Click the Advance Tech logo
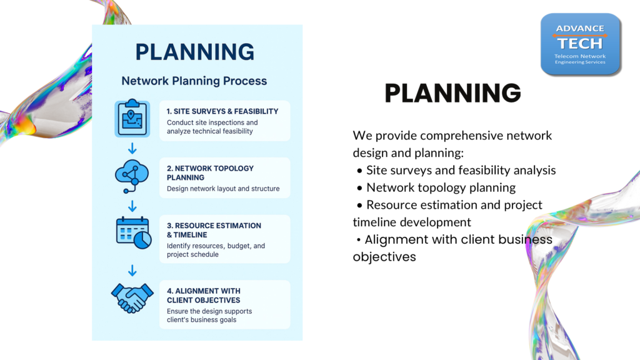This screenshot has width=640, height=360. tap(581, 44)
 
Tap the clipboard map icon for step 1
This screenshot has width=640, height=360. tap(132, 118)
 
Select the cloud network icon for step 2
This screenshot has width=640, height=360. tap(132, 176)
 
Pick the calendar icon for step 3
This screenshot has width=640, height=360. tap(134, 232)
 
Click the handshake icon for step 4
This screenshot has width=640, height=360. tap(132, 298)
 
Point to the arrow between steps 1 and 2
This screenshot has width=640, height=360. tap(132, 148)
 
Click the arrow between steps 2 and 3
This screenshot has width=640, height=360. tap(132, 206)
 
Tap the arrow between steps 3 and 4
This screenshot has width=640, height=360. tap(132, 270)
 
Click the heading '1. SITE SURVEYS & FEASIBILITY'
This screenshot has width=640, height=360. tap(222, 111)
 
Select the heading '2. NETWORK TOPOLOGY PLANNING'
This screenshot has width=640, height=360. tap(210, 173)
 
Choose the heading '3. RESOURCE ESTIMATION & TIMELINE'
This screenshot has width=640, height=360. tap(214, 230)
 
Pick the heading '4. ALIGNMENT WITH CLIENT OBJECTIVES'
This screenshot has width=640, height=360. tap(204, 296)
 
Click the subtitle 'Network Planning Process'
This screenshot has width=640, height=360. tap(194, 81)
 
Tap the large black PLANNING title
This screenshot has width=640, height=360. tap(452, 93)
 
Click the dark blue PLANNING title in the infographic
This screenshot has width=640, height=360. tap(195, 52)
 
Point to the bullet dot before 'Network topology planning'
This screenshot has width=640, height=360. tap(359, 188)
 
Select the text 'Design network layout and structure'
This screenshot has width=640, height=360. tap(223, 189)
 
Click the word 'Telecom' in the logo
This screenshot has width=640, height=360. tap(565, 56)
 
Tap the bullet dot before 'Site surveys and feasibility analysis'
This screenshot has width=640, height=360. tap(359, 171)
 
